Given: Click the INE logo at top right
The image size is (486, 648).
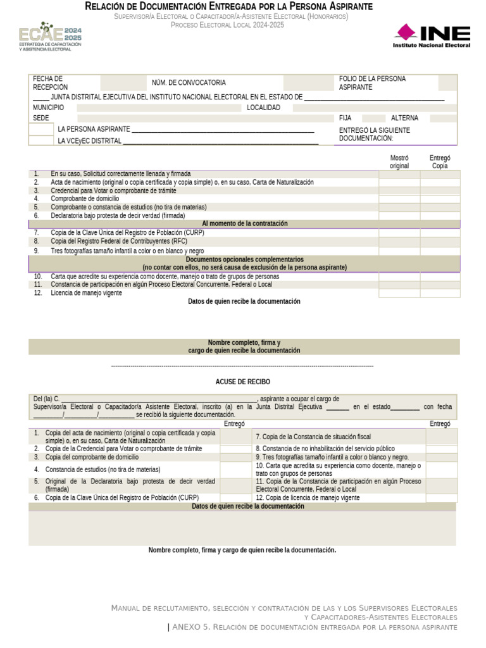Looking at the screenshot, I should [x=432, y=36].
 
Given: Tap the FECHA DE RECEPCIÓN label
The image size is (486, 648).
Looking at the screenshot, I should [x=50, y=83].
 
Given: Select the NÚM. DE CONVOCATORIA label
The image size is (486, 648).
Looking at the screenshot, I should [x=189, y=83].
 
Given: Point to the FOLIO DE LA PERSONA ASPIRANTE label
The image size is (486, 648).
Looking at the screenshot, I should [x=372, y=83].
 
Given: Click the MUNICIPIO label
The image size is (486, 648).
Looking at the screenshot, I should [x=49, y=108].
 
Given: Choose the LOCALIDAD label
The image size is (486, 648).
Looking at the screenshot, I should [x=263, y=108].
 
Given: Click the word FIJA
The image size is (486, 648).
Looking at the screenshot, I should [x=346, y=118].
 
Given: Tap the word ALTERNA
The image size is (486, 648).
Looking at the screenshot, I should [x=404, y=118].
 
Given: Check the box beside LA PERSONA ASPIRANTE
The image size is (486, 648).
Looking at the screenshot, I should [x=42, y=129].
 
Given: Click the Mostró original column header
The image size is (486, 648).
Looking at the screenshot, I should [x=399, y=162].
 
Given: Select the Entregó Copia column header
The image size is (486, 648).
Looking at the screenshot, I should [x=440, y=162].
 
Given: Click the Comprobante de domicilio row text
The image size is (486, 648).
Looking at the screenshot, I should [x=85, y=199].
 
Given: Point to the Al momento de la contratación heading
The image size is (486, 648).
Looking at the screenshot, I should [x=244, y=223].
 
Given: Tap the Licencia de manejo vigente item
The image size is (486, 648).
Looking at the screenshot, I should [x=86, y=293].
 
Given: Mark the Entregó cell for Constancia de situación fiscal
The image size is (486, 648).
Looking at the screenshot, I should [x=442, y=437].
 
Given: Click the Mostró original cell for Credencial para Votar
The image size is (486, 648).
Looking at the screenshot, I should [x=399, y=190].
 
